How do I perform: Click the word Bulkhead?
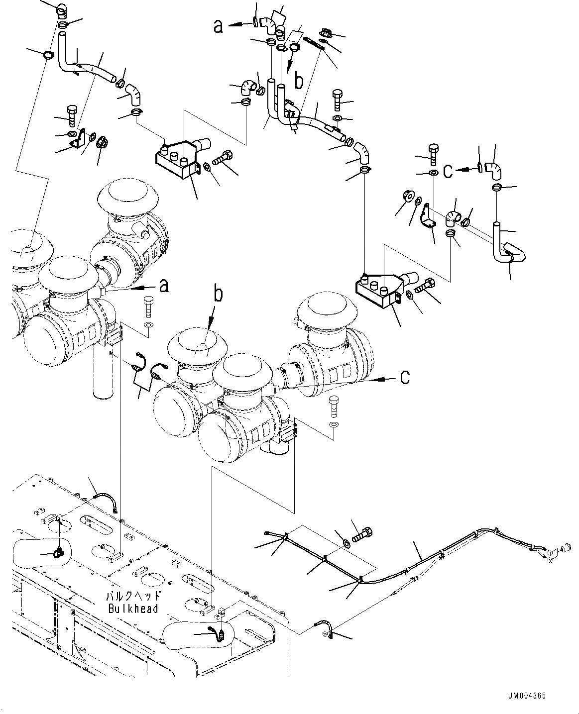click(x=133, y=608)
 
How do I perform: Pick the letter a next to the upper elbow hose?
click(x=218, y=26)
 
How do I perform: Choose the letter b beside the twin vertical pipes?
click(x=299, y=81)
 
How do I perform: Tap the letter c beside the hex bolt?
click(x=448, y=171)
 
